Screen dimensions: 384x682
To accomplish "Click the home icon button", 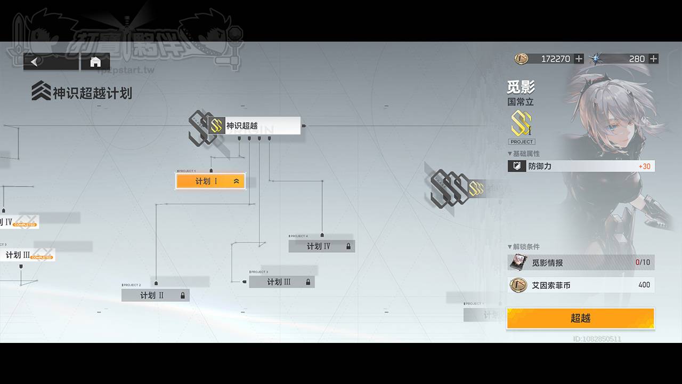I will click(x=95, y=62).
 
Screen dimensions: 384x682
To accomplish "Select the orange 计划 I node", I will click(x=210, y=181).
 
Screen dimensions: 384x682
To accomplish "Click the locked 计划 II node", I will click(x=155, y=295).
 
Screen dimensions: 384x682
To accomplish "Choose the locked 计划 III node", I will click(x=281, y=282).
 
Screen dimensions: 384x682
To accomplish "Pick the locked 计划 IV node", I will click(x=321, y=246).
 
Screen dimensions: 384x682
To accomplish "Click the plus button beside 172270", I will click(x=579, y=59).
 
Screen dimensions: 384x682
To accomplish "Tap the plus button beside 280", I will click(x=653, y=59).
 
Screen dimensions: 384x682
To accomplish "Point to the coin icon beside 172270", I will click(x=521, y=59).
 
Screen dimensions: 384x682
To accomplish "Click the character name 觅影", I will click(x=521, y=87).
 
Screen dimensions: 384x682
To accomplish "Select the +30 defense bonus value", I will click(x=644, y=166).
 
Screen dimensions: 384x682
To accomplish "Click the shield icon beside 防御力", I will click(x=516, y=166).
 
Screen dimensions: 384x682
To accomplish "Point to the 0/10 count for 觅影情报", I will click(x=643, y=262).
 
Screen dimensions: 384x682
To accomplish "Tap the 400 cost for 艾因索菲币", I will click(x=644, y=285).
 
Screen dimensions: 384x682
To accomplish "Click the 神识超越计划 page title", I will click(x=92, y=93).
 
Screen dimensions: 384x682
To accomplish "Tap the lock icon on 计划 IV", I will click(x=348, y=246).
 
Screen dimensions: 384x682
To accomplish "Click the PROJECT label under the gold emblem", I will click(x=522, y=142).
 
